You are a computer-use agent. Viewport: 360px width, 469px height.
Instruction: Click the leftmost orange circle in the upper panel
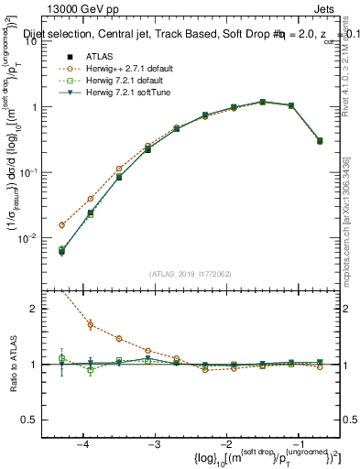(61, 224)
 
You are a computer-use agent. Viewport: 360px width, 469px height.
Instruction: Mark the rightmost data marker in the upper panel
(319, 141)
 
